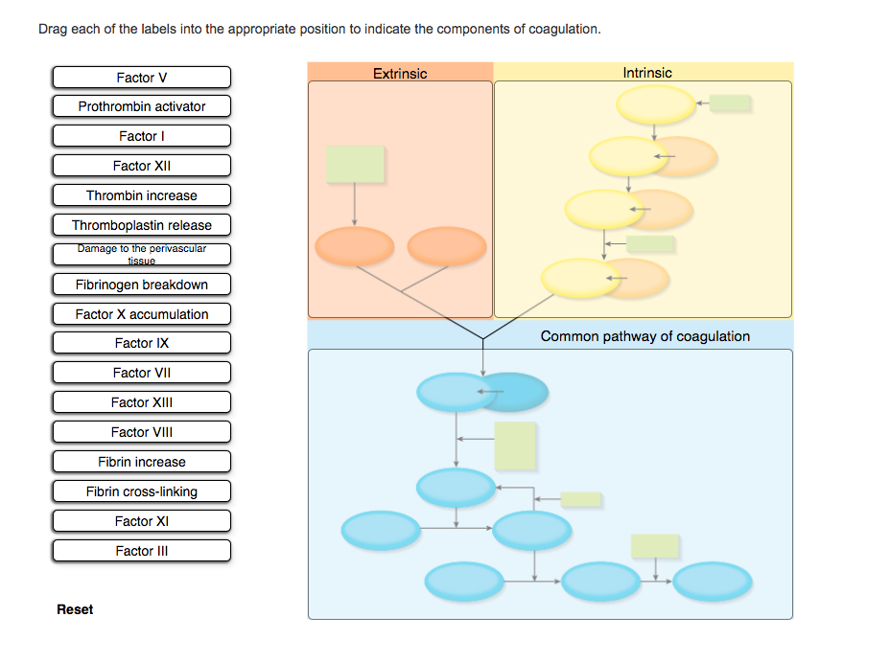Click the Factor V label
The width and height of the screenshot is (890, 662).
142,77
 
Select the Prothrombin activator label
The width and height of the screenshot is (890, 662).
142,106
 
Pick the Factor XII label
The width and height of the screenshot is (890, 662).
142,166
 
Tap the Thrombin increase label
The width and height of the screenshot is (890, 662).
142,195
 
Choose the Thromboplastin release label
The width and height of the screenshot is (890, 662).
142,225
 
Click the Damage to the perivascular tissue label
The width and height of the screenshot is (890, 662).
142,255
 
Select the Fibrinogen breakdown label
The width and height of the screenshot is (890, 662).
142,285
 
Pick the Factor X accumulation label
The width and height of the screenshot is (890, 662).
142,314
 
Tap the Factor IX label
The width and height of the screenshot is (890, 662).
142,343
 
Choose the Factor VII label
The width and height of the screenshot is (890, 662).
142,373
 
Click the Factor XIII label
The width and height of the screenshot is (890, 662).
142,402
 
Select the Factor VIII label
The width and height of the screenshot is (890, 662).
142,432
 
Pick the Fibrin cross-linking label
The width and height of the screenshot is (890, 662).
142,491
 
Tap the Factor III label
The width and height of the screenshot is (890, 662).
142,551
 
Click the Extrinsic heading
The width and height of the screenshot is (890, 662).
400,73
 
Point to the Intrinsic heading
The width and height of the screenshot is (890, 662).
647,73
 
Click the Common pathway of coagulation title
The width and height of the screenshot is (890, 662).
645,336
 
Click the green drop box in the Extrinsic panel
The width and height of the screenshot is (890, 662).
355,165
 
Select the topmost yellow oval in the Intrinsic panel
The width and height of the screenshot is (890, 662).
656,104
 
